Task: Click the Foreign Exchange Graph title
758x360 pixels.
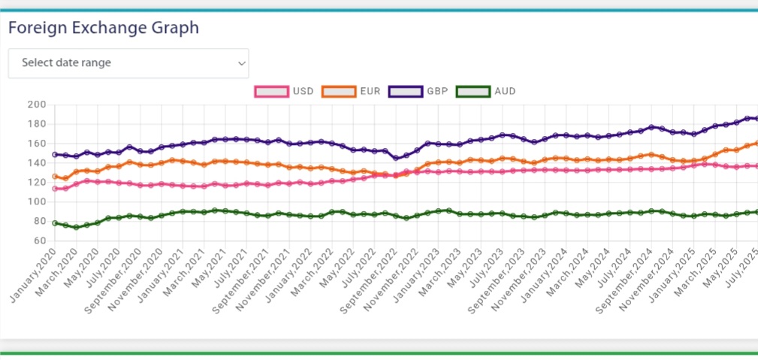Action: pos(104,29)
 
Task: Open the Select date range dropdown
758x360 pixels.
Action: pos(128,63)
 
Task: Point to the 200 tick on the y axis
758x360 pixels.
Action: pos(37,104)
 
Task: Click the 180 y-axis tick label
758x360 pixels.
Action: pos(37,124)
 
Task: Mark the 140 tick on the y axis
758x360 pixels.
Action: pos(37,163)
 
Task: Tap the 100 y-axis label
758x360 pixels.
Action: pos(37,202)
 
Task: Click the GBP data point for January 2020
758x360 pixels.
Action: pos(55,154)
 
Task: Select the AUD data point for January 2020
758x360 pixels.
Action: pos(55,223)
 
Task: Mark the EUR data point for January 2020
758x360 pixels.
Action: pos(55,177)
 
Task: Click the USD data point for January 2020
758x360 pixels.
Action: pos(55,189)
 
